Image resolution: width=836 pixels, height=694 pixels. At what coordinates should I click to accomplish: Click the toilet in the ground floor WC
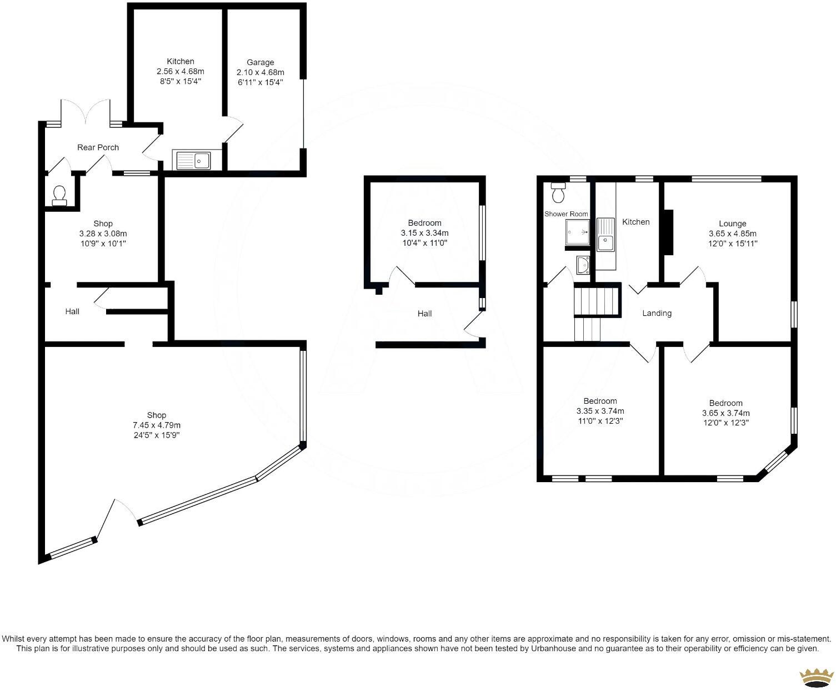pyautogui.click(x=59, y=195)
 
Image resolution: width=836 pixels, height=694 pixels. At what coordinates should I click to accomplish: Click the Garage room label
pyautogui.click(x=260, y=62)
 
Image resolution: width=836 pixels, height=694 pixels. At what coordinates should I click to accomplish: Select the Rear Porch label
pyautogui.click(x=98, y=147)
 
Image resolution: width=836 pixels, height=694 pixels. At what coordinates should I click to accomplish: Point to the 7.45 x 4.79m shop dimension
pyautogui.click(x=157, y=425)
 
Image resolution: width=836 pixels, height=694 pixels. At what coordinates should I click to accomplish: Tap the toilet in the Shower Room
pyautogui.click(x=558, y=192)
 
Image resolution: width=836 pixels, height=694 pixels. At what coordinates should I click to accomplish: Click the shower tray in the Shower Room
pyautogui.click(x=578, y=232)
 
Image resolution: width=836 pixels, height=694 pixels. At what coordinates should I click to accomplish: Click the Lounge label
pyautogui.click(x=732, y=224)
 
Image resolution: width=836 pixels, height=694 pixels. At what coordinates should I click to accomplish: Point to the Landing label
pyautogui.click(x=657, y=313)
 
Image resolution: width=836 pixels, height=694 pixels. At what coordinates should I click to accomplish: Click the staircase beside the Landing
pyautogui.click(x=597, y=311)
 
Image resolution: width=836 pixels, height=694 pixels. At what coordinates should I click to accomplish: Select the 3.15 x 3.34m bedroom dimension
pyautogui.click(x=424, y=233)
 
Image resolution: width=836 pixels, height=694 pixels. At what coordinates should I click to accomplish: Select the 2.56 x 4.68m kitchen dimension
pyautogui.click(x=181, y=71)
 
